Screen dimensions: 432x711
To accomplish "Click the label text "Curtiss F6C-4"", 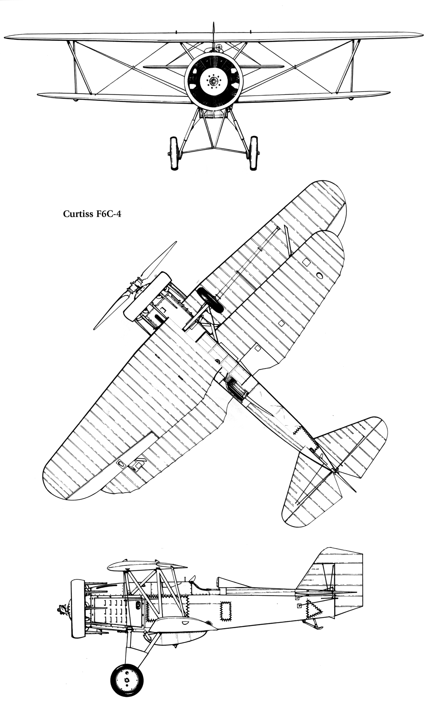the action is coord(92,214).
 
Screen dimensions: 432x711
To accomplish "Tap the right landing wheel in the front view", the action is coord(254,153).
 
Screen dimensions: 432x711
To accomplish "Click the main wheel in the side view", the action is coord(127,678).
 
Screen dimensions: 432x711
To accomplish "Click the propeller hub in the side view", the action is coord(63,609).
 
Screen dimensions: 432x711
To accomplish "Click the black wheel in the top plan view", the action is coord(210,299).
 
